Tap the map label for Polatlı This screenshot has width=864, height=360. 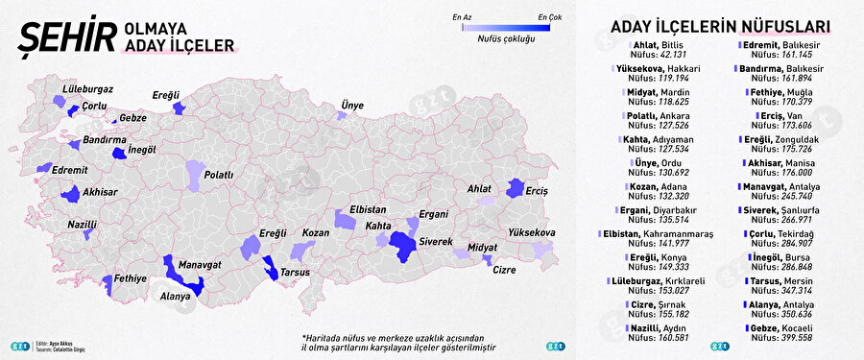point(218,175)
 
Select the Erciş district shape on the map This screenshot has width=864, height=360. point(516,188)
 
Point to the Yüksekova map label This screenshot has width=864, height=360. point(532,233)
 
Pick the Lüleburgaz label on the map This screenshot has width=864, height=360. point(87,88)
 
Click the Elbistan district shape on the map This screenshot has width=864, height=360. point(345,220)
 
